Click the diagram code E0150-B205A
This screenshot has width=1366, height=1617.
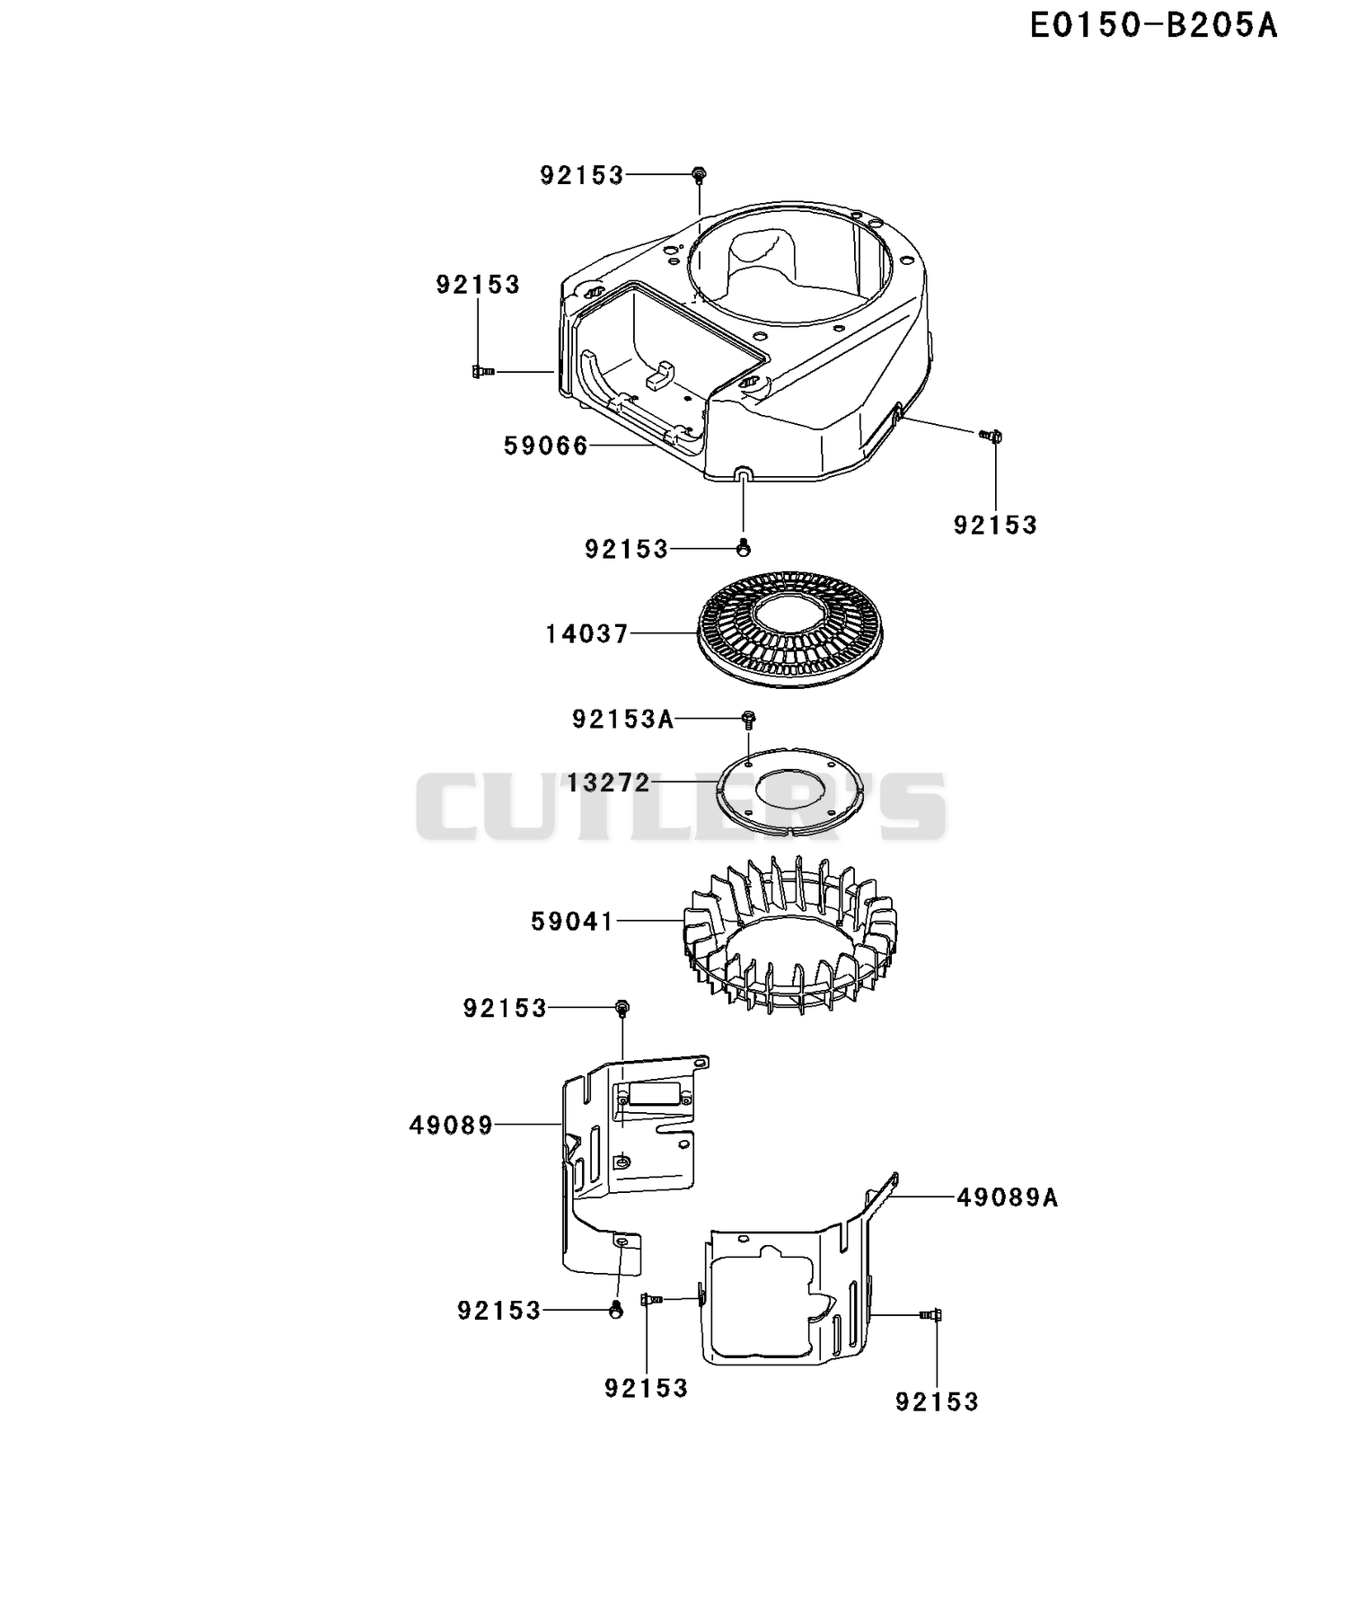point(1153,26)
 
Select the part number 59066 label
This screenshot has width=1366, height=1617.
point(546,446)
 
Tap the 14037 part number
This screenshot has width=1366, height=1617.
point(587,634)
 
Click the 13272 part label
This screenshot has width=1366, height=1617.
point(608,782)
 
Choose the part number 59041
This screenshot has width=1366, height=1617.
point(572,921)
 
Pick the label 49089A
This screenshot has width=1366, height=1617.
point(1008,1197)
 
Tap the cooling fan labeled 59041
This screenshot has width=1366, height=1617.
point(789,934)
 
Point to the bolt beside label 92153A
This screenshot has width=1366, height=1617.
point(748,719)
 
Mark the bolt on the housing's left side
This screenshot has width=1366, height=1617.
point(483,371)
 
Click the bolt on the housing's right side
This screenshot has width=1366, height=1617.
point(991,436)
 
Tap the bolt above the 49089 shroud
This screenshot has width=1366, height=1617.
point(621,1008)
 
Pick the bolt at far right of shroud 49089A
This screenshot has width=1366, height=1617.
point(930,1315)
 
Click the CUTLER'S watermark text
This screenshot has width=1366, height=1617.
point(681,807)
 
